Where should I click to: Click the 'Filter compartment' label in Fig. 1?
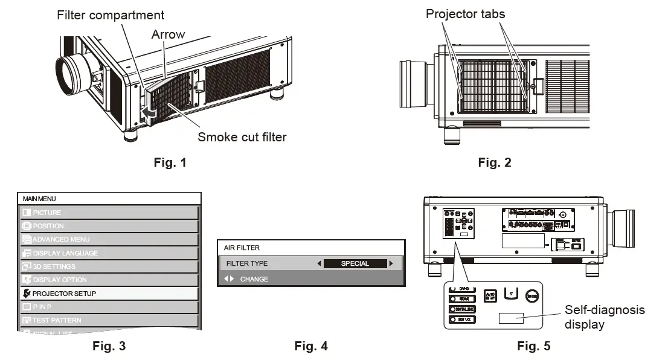111,14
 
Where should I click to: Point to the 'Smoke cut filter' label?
242,137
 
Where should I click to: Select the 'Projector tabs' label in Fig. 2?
465,13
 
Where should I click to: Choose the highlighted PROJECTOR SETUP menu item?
64,293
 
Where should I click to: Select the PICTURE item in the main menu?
47,213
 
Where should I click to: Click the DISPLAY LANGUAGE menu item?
65,253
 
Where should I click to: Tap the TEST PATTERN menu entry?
57,320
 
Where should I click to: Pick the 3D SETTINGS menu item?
54,266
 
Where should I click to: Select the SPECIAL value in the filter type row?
355,263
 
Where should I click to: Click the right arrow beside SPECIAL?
391,263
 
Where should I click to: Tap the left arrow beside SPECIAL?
319,263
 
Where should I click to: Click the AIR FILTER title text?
242,248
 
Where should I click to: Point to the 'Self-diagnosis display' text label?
604,317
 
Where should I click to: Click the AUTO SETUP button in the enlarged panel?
490,297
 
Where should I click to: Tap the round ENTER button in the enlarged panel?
532,296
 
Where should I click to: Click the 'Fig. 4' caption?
311,346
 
